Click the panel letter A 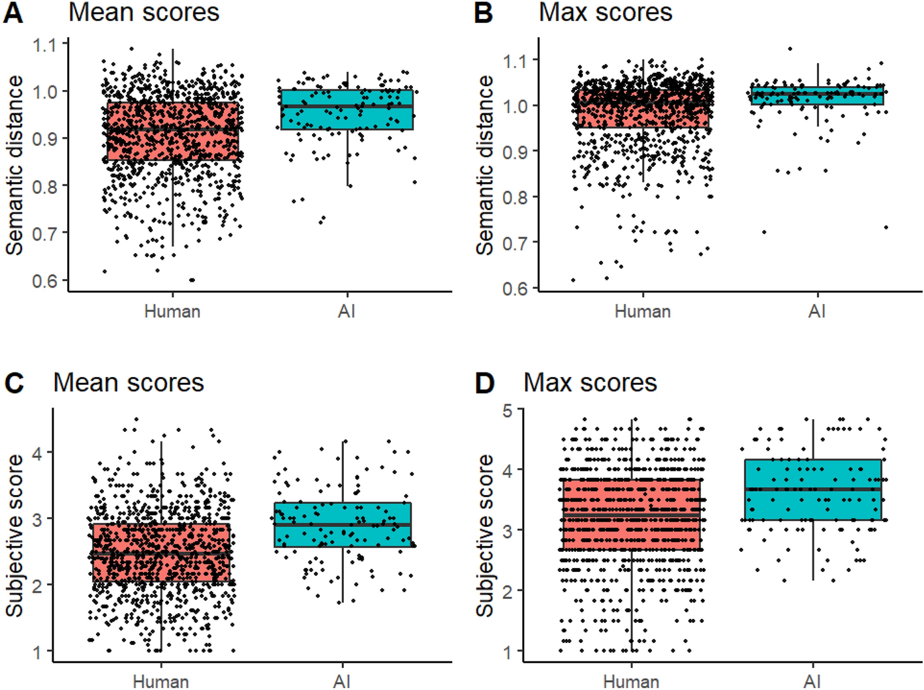13,13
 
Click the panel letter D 484,383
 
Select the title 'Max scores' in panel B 605,13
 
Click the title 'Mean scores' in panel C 129,383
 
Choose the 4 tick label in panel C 37,453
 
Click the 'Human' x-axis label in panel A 172,311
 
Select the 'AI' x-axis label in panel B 817,311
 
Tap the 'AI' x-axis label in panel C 342,681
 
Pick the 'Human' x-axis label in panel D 631,681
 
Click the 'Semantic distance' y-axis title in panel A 14,165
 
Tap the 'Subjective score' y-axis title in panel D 484,535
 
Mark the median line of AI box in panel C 343,524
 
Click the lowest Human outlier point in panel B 574,280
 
